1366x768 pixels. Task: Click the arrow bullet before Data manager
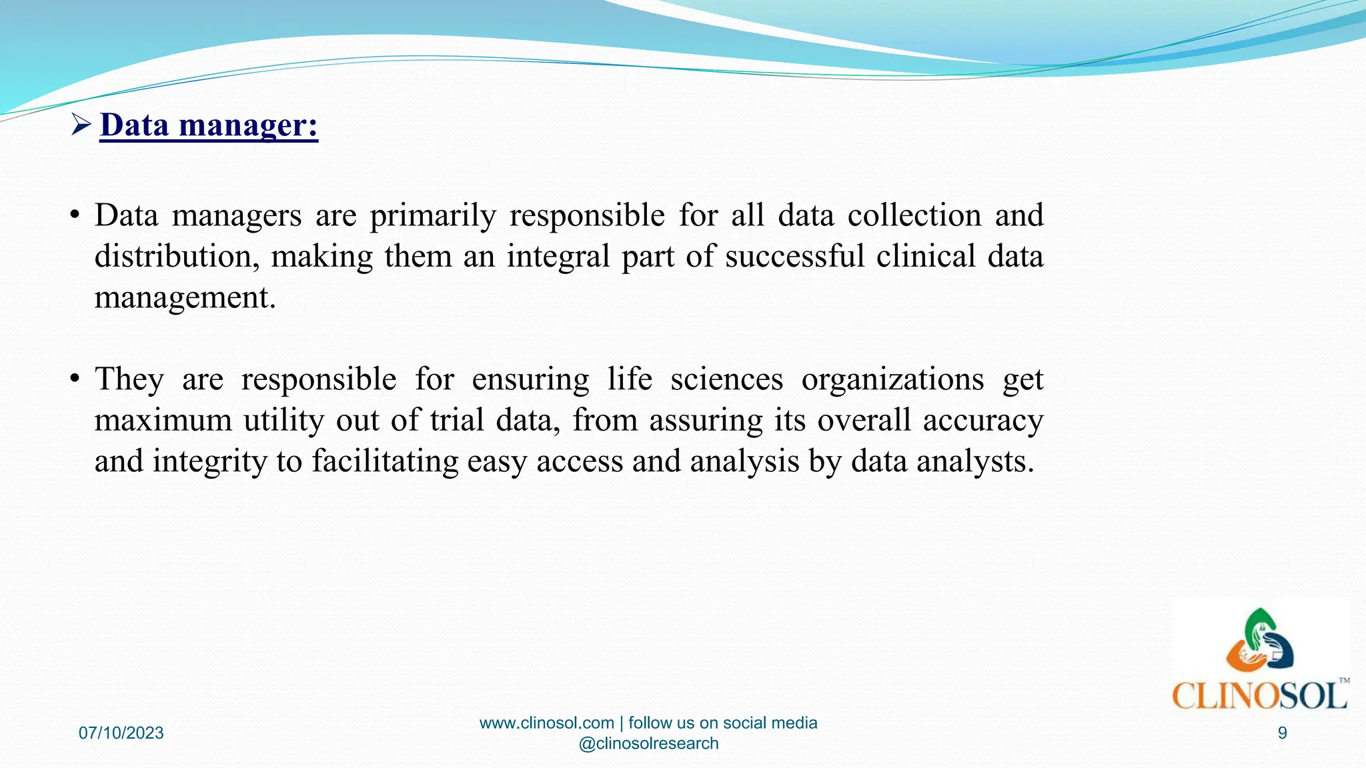click(81, 125)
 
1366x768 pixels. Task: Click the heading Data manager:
click(209, 125)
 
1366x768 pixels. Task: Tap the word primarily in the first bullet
click(433, 216)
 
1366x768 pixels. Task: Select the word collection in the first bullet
click(914, 215)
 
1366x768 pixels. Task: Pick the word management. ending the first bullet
click(185, 297)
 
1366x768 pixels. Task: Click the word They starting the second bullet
click(129, 380)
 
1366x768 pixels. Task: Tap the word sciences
click(726, 380)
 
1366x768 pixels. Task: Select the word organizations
click(892, 380)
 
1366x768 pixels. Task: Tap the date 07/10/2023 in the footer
click(121, 733)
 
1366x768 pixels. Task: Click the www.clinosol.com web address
click(546, 723)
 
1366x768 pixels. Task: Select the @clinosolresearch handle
click(648, 743)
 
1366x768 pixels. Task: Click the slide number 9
click(1282, 733)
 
